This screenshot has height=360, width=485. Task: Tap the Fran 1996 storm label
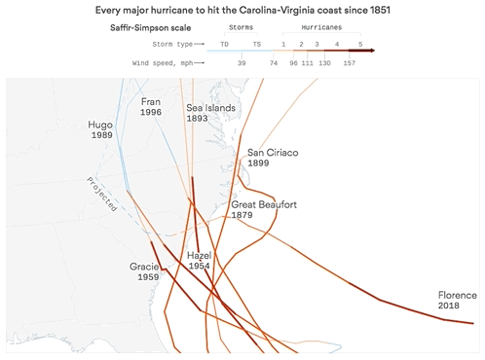click(x=151, y=107)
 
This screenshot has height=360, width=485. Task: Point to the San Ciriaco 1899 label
click(x=273, y=159)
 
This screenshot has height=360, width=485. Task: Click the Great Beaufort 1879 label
click(x=264, y=210)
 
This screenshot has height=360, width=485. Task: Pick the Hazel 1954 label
click(x=199, y=262)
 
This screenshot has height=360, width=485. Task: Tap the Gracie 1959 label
click(x=144, y=271)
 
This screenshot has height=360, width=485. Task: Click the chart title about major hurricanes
click(x=242, y=10)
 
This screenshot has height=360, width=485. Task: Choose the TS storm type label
click(x=256, y=45)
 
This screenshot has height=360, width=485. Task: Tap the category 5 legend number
click(x=359, y=45)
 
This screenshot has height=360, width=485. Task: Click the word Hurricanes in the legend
click(x=320, y=29)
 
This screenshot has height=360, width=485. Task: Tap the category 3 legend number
click(x=317, y=45)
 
